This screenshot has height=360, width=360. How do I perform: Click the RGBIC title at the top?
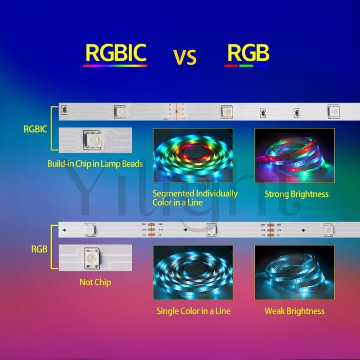click(x=116, y=53)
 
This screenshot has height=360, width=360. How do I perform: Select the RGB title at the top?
click(x=247, y=53)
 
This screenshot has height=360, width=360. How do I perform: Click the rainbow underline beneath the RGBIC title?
click(x=115, y=66)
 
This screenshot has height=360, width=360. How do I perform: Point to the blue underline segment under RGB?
click(x=261, y=66)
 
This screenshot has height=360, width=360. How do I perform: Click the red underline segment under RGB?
click(x=231, y=66)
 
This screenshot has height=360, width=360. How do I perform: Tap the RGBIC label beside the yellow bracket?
click(x=36, y=129)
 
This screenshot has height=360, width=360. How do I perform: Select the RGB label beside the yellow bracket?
click(x=39, y=248)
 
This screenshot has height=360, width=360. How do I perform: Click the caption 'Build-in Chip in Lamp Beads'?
click(x=95, y=164)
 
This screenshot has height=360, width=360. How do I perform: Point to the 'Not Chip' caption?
click(x=95, y=283)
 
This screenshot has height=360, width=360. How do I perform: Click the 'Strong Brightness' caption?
click(x=296, y=194)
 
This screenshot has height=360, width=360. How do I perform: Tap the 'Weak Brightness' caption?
click(x=294, y=311)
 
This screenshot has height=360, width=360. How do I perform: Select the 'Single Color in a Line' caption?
click(x=193, y=311)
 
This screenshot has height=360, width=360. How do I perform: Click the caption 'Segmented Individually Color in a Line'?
click(x=194, y=198)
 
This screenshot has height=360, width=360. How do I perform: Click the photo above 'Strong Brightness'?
click(x=294, y=155)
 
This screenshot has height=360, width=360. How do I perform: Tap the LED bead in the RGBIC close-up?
click(x=92, y=139)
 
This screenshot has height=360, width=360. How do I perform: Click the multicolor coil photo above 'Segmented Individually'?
click(x=193, y=155)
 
